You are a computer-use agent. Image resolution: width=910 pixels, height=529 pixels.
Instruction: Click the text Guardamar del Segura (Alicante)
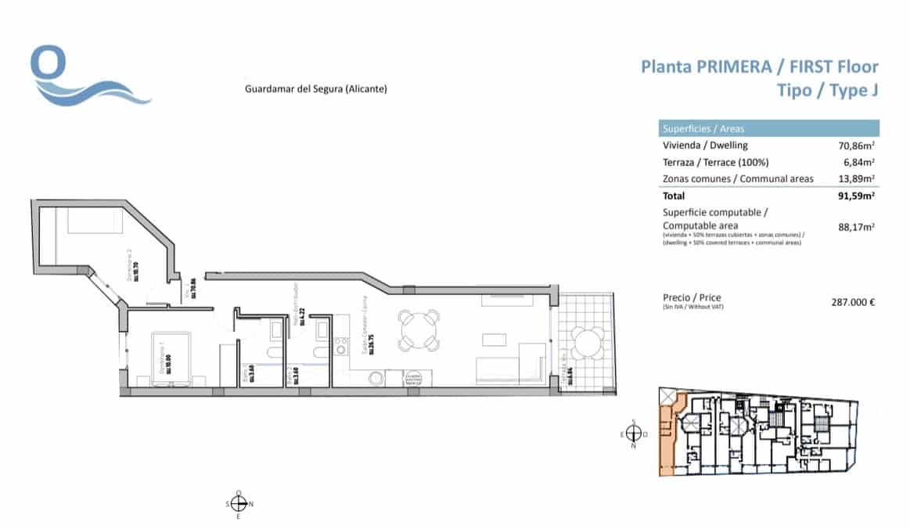coord(316,89)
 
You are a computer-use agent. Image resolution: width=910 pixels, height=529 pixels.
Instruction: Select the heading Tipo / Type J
coord(827,91)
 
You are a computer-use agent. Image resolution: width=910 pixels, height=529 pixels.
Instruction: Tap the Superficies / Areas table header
coord(703,128)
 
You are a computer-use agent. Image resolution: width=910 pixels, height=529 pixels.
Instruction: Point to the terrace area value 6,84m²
coord(859,163)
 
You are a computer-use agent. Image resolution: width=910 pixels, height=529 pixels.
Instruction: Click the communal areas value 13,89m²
coord(857,179)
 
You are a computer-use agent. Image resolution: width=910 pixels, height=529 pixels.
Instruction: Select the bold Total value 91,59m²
coord(857,196)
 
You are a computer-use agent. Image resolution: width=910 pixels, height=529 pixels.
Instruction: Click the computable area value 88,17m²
coord(857,228)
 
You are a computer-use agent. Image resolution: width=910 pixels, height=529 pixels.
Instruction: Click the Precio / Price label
coord(692,298)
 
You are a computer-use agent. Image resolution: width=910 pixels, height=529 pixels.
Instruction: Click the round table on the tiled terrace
coord(587,343)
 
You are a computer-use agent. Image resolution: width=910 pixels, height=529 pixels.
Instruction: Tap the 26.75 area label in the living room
coord(371,345)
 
